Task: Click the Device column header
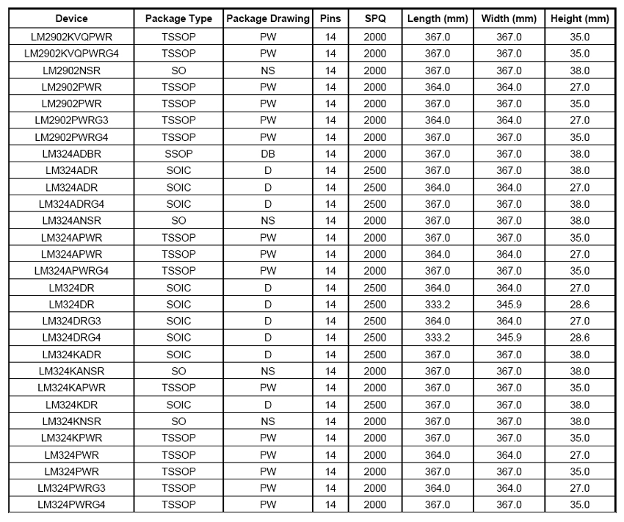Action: (72, 18)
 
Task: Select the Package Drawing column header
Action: (267, 18)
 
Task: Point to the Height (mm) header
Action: (580, 18)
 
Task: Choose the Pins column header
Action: (330, 18)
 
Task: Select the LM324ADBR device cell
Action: (72, 154)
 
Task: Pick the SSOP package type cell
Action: (178, 154)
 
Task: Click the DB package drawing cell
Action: (267, 154)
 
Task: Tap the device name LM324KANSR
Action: (72, 371)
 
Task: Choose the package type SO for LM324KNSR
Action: (178, 421)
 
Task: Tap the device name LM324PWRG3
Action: (72, 487)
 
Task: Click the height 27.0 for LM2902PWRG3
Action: (580, 120)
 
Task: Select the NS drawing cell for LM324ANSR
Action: (267, 220)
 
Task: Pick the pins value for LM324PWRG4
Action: (330, 504)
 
